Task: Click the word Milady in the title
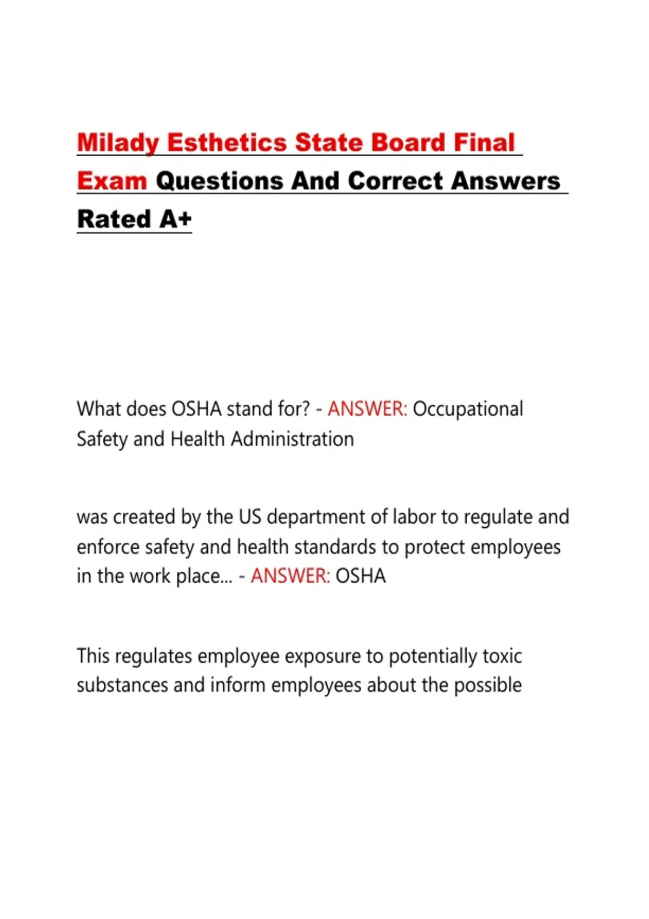[118, 143]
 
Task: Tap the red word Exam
[112, 181]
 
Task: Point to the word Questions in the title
[220, 181]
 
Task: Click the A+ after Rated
[176, 219]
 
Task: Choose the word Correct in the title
[395, 181]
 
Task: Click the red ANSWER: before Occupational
[367, 409]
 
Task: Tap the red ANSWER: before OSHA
[290, 576]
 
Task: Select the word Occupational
[468, 409]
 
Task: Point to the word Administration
[292, 439]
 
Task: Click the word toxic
[502, 656]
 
